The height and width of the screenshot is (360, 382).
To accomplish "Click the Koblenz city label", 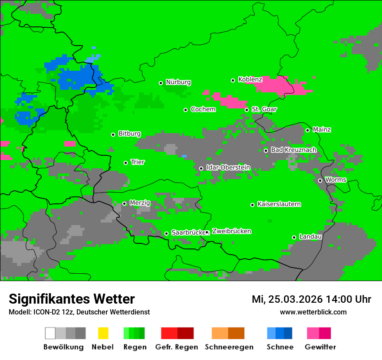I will (250, 80).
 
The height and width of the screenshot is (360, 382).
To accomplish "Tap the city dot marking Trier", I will (126, 163).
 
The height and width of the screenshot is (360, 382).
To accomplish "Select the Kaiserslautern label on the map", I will (279, 204).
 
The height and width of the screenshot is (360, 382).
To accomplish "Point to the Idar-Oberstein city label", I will (228, 167).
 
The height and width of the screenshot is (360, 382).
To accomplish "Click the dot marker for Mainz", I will (307, 130).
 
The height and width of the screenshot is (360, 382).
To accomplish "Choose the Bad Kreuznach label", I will (293, 150).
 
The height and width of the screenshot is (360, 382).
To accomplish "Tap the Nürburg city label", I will (178, 82).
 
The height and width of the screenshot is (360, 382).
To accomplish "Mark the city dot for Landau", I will (294, 237).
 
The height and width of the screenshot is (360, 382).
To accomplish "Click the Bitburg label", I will (129, 134).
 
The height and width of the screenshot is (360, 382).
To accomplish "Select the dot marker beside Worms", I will (320, 180).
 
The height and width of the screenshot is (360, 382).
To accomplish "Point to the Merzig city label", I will (140, 203).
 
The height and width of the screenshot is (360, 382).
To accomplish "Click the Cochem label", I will (203, 109).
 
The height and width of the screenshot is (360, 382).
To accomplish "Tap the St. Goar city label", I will (264, 109).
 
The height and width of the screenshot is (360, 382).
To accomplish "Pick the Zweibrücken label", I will (231, 232).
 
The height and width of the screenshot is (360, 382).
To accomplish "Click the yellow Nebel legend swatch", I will (103, 333).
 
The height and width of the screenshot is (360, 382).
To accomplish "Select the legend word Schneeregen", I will (229, 347).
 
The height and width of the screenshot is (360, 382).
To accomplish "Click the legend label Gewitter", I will (320, 347).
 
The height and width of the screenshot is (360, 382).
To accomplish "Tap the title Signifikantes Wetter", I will (72, 299).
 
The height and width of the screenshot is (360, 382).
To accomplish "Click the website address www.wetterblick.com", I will (313, 312).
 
